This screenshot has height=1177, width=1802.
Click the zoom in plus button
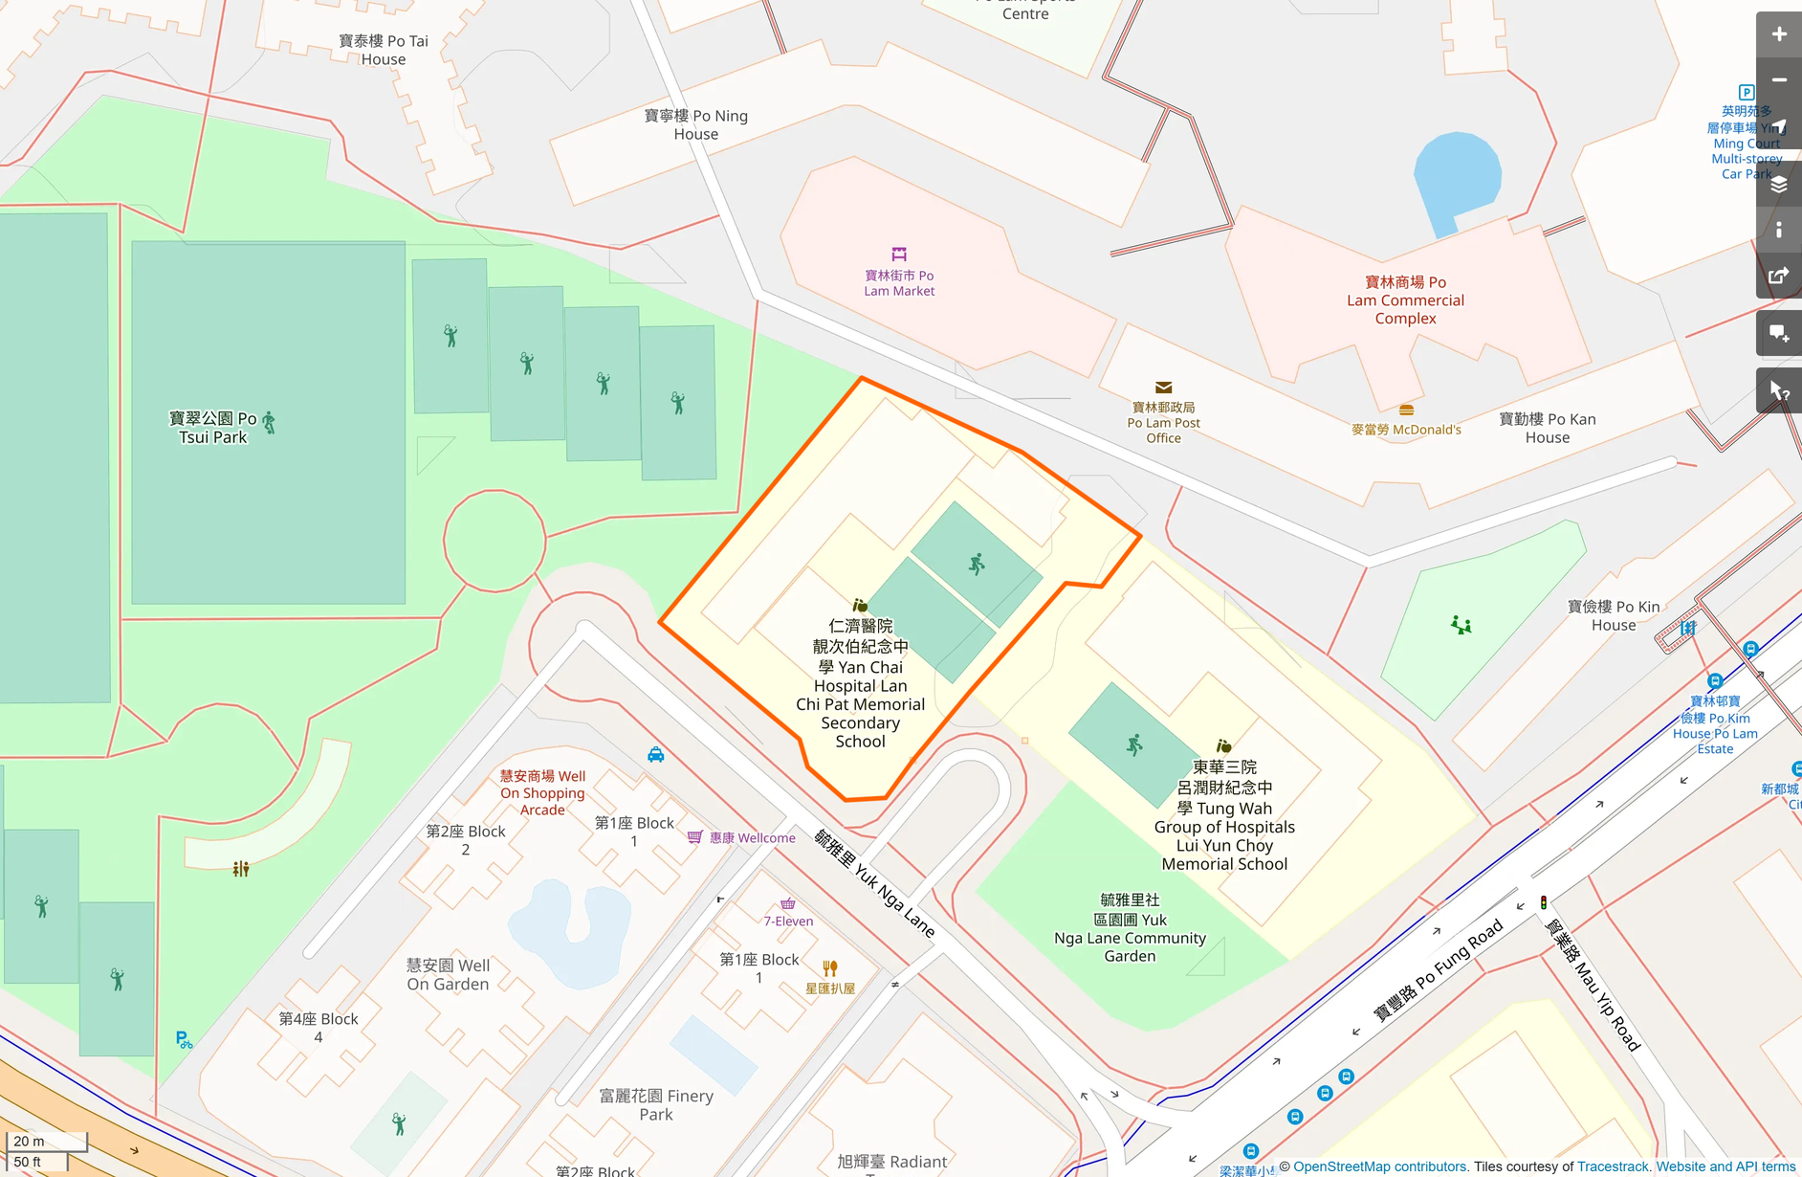click(1778, 34)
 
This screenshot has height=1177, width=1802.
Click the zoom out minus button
click(1778, 80)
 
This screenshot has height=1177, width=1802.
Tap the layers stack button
click(1778, 185)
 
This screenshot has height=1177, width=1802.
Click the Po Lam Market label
click(899, 283)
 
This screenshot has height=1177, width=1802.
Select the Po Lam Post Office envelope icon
click(1163, 388)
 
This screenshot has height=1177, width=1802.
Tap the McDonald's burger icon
click(1406, 411)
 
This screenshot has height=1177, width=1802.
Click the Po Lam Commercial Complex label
click(1405, 300)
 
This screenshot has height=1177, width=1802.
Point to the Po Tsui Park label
click(212, 428)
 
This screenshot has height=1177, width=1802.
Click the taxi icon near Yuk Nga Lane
click(655, 755)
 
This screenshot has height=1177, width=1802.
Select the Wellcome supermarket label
click(752, 838)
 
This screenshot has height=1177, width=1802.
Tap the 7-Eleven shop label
click(788, 922)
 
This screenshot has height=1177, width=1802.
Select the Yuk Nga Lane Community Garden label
click(1130, 928)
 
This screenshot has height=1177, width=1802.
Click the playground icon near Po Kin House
click(1461, 626)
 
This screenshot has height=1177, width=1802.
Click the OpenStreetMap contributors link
click(1379, 1166)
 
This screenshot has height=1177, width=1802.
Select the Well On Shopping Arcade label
click(542, 792)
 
